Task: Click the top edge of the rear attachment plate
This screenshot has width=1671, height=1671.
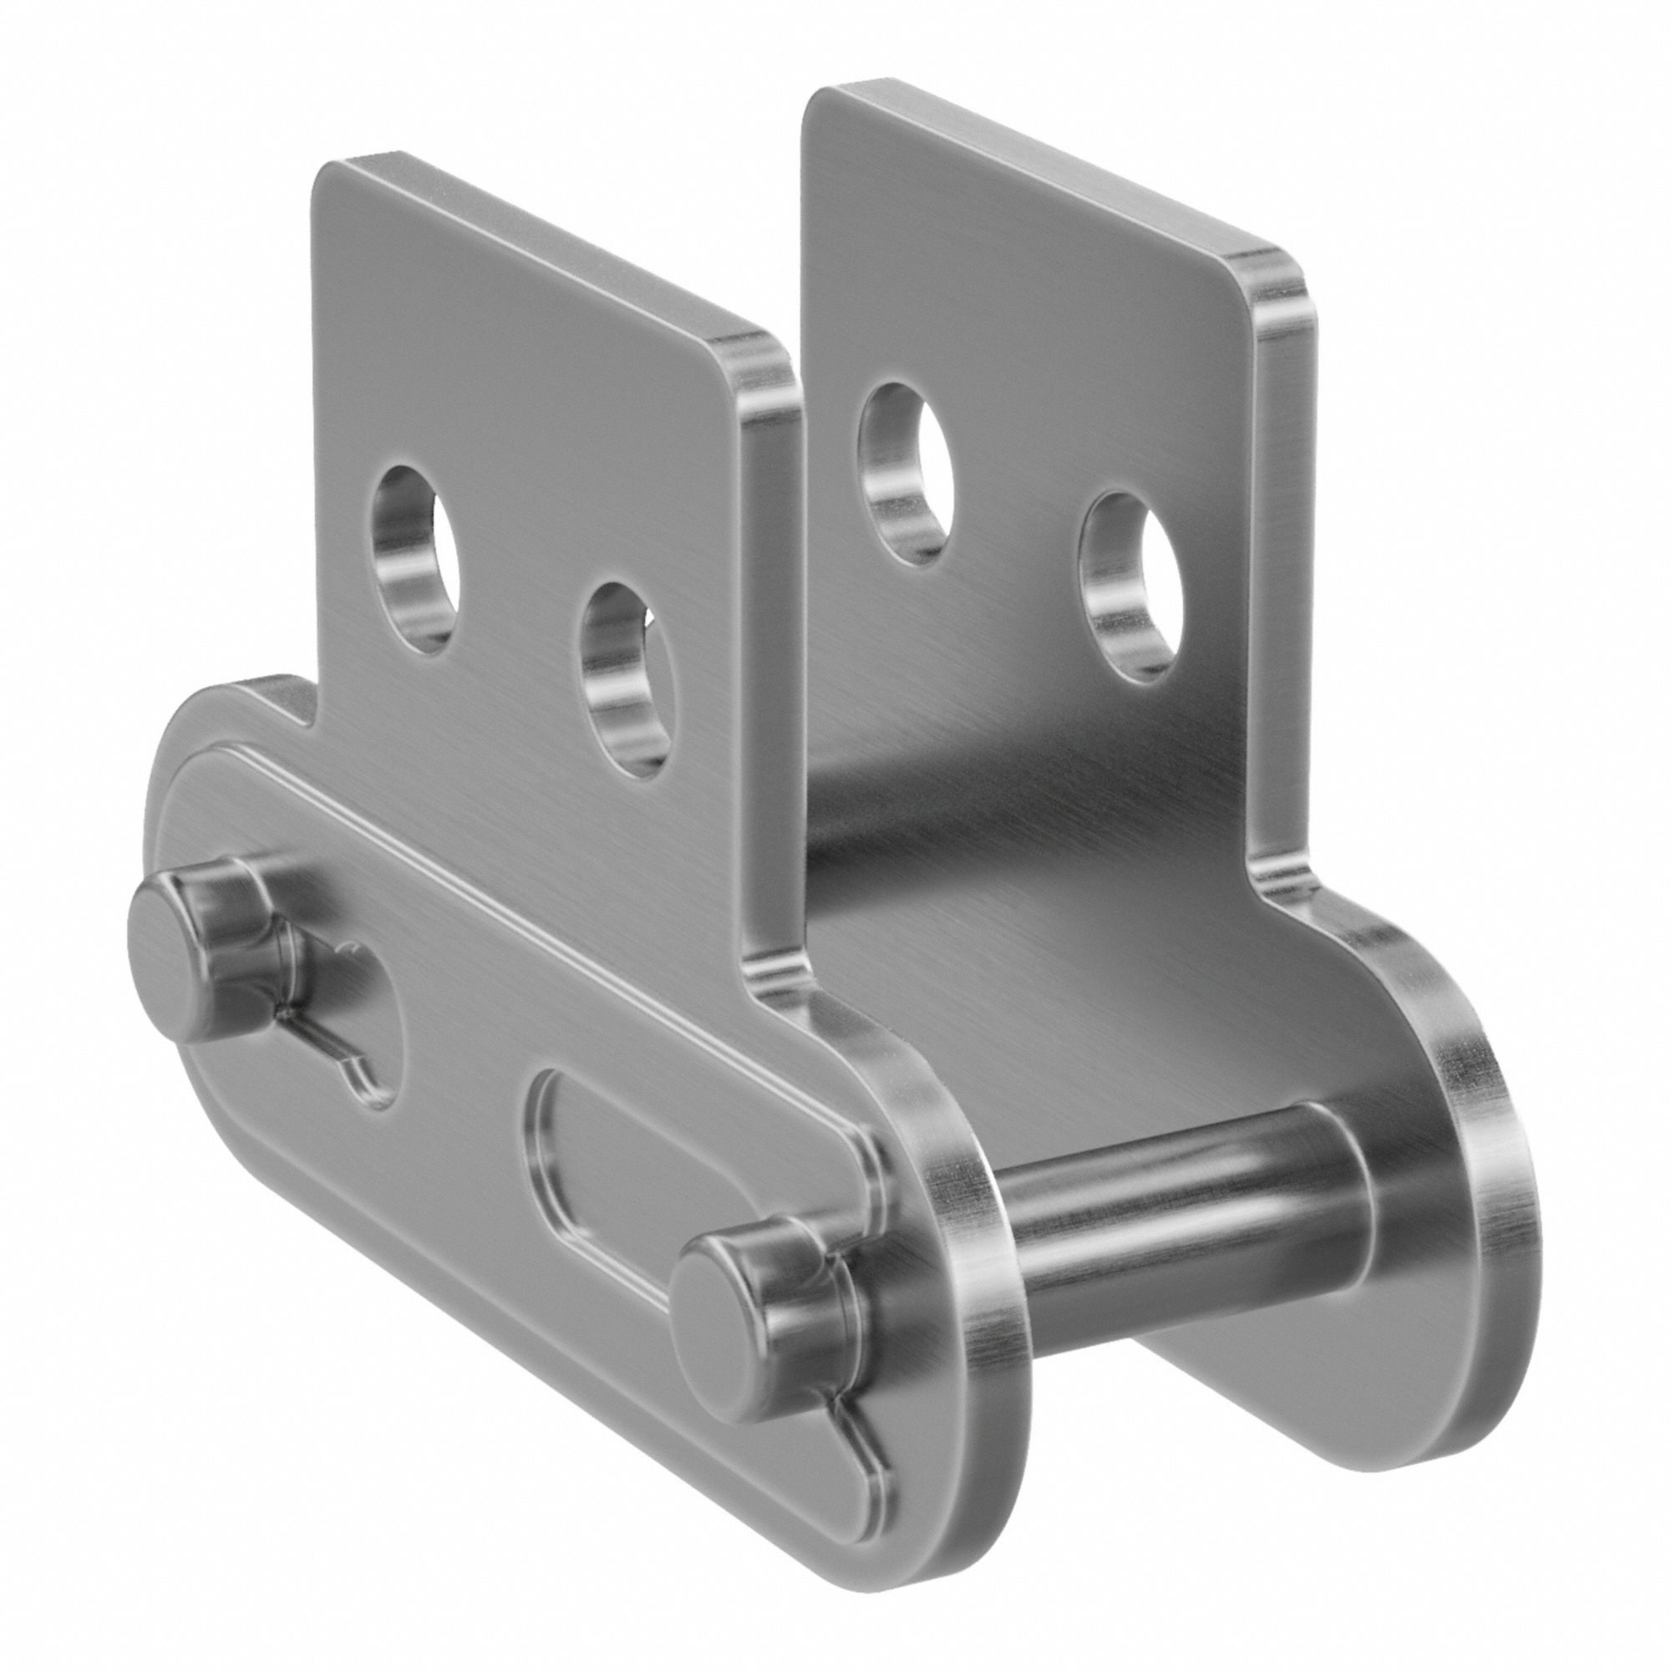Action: [1038, 165]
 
